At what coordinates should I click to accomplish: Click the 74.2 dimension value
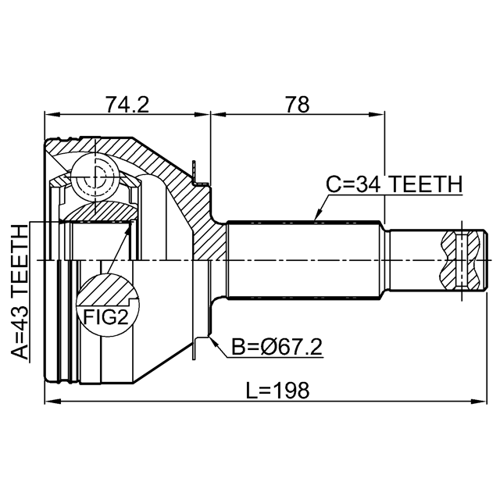coord(127,104)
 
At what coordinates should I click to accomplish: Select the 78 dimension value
coord(297,104)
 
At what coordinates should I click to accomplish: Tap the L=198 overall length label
coord(277,390)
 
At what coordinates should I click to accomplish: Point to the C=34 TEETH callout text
coord(394,184)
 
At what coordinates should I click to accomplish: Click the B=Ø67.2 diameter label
coord(277,347)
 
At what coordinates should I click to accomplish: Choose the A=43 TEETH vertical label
coord(20,292)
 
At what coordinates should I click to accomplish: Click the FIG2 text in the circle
coord(105,317)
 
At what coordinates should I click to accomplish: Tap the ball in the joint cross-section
coord(95,178)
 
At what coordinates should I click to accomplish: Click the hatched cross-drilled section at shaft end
coord(460,260)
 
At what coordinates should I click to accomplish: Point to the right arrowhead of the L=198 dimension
coord(479,401)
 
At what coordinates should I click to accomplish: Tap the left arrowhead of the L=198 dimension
coord(52,401)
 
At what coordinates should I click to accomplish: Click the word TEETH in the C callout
coord(427,184)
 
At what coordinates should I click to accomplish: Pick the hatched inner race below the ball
coord(100,212)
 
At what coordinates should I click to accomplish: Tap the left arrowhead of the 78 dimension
coord(218,115)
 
